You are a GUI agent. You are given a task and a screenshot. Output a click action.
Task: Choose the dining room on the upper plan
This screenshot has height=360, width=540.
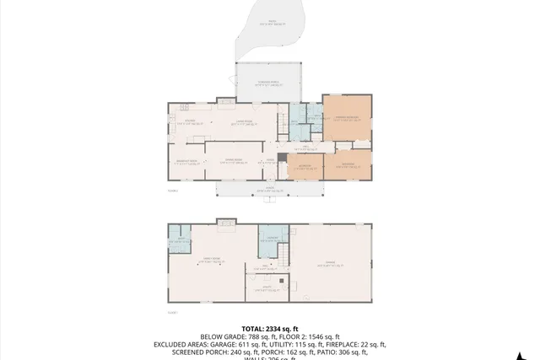point(229,162)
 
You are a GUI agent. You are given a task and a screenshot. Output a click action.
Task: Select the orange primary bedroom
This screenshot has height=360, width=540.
point(347,120)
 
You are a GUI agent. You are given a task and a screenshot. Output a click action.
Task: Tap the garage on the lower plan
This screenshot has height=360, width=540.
point(330,264)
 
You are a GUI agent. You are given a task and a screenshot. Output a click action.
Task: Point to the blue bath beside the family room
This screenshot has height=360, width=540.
point(179,239)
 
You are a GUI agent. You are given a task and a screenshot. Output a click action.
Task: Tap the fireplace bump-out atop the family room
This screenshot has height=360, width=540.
point(226,222)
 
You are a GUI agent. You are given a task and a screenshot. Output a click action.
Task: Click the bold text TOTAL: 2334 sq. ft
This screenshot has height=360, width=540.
point(269,328)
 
